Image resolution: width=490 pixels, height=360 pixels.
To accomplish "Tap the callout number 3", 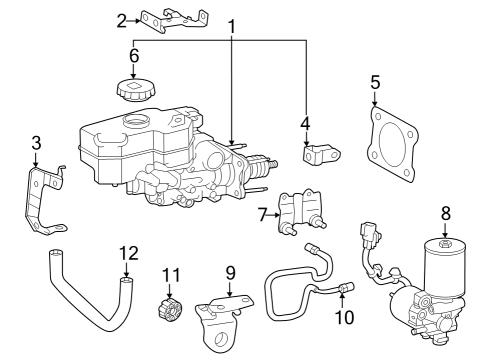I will point(35,143).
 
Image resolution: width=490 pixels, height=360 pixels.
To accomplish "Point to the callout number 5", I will point(375,81).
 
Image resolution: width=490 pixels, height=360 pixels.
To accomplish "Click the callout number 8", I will point(446,213).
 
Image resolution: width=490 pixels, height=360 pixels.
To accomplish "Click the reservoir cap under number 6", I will point(132,88).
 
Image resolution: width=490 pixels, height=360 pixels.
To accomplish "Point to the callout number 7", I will point(262,213).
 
